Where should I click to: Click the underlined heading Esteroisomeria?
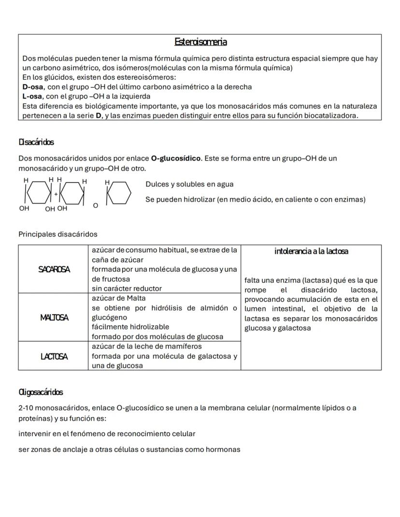point(200,42)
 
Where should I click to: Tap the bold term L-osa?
point(33,97)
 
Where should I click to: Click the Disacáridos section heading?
point(36,142)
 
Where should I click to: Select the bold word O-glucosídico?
point(175,158)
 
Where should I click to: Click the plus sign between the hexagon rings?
point(56,193)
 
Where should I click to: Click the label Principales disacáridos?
point(57,235)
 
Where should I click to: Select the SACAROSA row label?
point(54,270)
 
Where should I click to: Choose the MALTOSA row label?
point(54,318)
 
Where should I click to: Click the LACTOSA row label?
point(54,356)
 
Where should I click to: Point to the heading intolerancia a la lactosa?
point(311,252)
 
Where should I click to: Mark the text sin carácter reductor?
point(127,289)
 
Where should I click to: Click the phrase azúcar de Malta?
point(118,298)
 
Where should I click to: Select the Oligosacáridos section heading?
point(41,392)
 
